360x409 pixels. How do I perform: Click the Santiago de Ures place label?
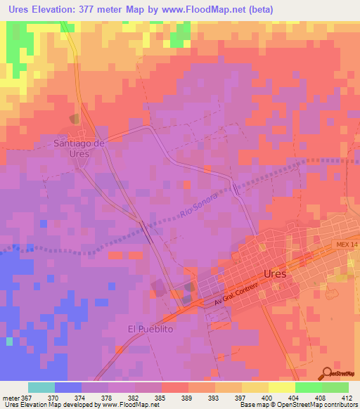(x=79, y=148)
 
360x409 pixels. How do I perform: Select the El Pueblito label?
(x=150, y=329)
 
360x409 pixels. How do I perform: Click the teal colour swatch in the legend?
(x=41, y=387)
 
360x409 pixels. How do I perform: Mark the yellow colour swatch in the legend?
(x=281, y=387)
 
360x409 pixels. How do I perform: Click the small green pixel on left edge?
(x=9, y=342)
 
